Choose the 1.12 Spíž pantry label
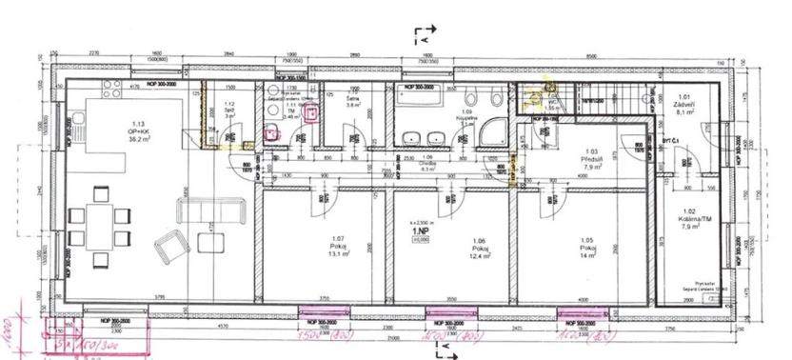click(x=228, y=110)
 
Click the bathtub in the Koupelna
click(x=419, y=96)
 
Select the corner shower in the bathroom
click(x=494, y=132)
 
